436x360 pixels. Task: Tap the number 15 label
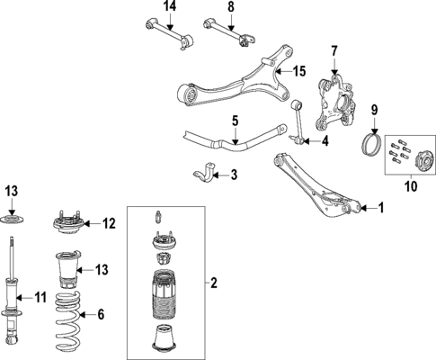click(x=300, y=71)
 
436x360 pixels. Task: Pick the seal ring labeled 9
click(x=369, y=144)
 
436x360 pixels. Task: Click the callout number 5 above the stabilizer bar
click(x=234, y=119)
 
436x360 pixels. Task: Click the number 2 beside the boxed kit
click(x=213, y=283)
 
